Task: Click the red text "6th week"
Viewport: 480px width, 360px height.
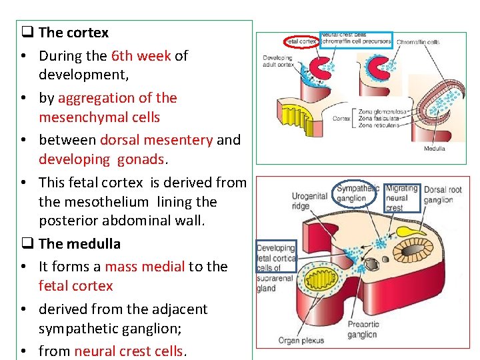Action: coord(141,56)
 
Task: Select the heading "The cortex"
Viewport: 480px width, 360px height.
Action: coord(73,33)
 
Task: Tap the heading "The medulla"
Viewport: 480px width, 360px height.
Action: coord(79,244)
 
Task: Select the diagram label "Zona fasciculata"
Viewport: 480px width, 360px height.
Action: coord(379,118)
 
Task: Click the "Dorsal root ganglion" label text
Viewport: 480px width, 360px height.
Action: coord(443,195)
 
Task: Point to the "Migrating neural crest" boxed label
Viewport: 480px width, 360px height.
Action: coord(402,198)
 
